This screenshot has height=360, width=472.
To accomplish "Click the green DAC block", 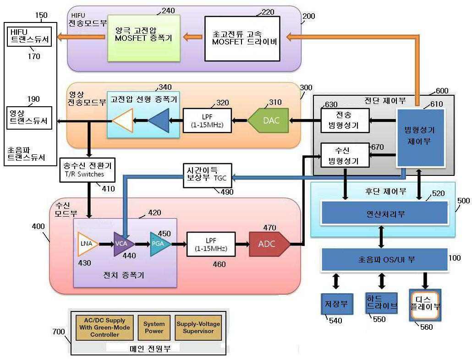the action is (x=268, y=120).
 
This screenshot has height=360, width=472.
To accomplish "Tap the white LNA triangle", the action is (x=88, y=244).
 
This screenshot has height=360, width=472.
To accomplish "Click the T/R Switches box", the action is (x=87, y=170).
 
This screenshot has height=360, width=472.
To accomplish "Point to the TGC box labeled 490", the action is (x=208, y=175).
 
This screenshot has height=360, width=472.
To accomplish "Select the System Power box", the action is (x=154, y=327).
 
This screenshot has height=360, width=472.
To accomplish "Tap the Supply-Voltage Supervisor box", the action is (x=198, y=327).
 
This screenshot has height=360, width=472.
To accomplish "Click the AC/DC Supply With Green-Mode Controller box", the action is (x=104, y=327).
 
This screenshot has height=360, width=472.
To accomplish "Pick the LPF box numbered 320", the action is (x=207, y=120).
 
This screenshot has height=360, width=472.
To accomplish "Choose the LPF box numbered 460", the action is (x=211, y=244).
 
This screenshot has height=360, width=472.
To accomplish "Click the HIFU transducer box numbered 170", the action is (x=29, y=36).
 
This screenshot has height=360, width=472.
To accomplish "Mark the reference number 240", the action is (x=168, y=11).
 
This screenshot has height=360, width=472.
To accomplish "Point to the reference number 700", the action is (x=58, y=332).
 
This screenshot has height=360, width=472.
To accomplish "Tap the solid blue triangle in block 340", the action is (x=159, y=120).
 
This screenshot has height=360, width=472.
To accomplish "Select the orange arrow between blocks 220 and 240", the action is (x=192, y=37).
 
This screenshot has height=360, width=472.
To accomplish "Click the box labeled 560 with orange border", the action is (x=425, y=305).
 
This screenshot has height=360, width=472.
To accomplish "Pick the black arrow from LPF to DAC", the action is (x=240, y=120).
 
